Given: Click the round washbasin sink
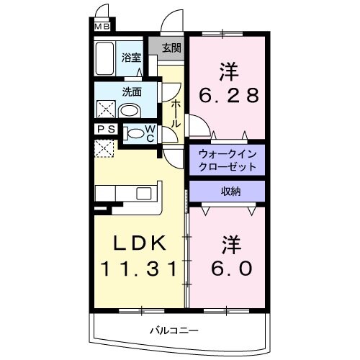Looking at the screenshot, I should point(130,111).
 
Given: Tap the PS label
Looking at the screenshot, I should point(104,131).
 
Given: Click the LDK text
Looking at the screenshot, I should point(136,242).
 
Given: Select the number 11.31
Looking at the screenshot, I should point(137,269).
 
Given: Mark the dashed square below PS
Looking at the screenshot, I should point(103,148).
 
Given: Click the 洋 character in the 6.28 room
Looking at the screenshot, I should point(229,73).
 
